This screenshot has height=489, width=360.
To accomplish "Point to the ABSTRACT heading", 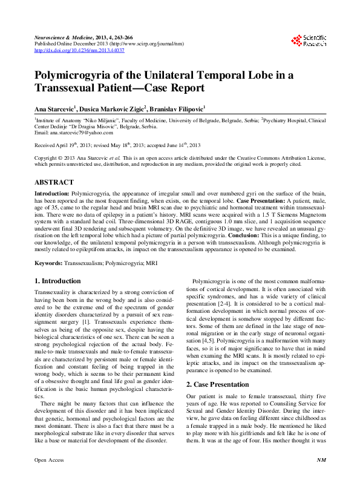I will (54, 182).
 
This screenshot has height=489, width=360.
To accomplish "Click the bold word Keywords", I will (48, 263).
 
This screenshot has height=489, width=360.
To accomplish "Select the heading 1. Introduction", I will (57, 281).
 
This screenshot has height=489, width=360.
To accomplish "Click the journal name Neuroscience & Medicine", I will (61, 37).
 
